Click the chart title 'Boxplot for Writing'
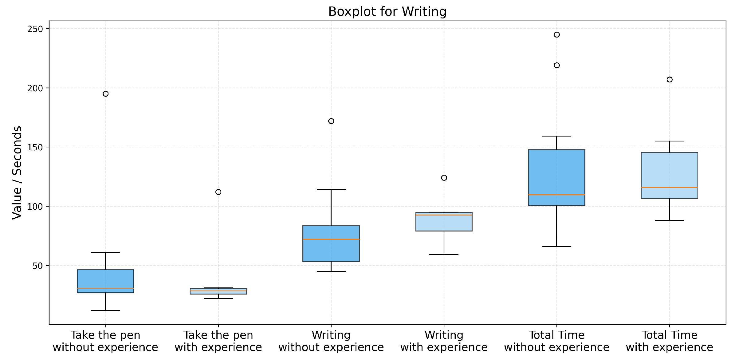(x=387, y=12)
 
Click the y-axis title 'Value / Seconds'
(x=17, y=172)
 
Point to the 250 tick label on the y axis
(x=35, y=29)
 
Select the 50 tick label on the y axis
(x=38, y=266)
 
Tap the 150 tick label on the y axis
(x=35, y=147)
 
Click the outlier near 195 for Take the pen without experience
(x=105, y=94)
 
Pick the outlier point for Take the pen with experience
(x=218, y=192)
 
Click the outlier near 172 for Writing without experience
(x=331, y=121)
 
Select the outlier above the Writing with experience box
(x=444, y=178)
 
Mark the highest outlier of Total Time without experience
(x=556, y=35)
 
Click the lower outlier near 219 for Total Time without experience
(x=556, y=65)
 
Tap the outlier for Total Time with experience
(x=669, y=80)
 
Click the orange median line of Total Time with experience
(x=669, y=187)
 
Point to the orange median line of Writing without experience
(x=331, y=239)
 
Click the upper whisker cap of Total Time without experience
(x=556, y=136)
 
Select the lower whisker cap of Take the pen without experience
(x=105, y=310)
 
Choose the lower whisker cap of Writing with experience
(x=444, y=255)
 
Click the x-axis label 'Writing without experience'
(x=331, y=341)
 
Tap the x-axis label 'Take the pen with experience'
(x=218, y=341)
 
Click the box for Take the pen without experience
(x=105, y=281)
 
